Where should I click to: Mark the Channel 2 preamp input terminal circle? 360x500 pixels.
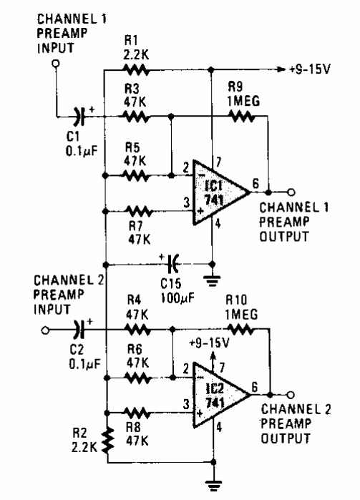44,330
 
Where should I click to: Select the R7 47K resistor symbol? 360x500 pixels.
136,211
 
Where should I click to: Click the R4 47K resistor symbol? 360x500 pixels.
136,330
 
